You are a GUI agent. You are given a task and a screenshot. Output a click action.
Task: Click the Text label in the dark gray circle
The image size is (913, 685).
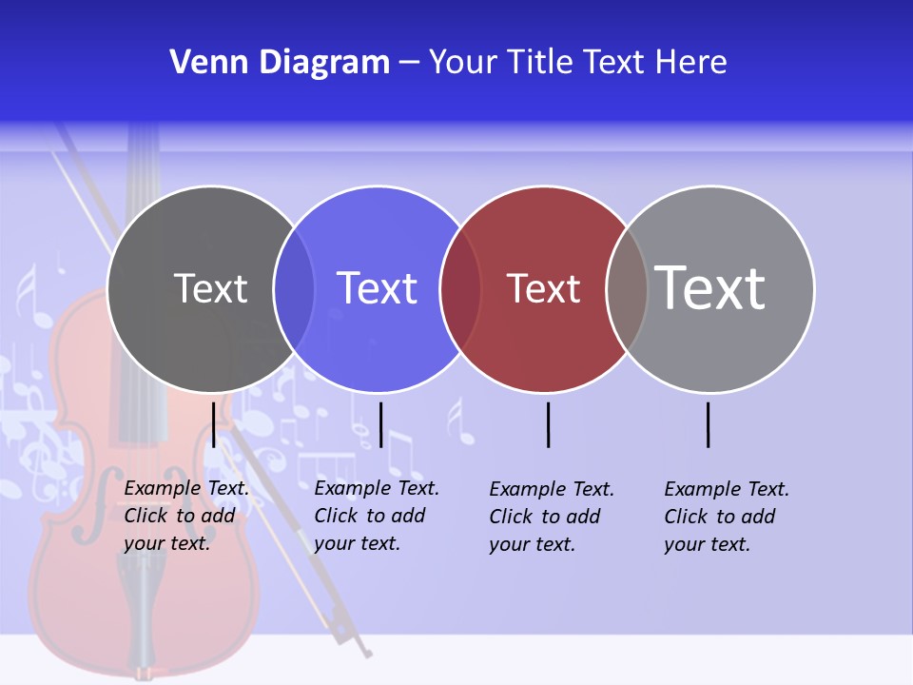[210, 288]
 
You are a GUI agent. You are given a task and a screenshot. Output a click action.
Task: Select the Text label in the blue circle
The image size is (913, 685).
[377, 288]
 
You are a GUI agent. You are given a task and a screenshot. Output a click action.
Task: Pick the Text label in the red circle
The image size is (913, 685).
[543, 288]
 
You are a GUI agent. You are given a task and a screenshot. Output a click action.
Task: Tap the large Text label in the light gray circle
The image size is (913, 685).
[710, 288]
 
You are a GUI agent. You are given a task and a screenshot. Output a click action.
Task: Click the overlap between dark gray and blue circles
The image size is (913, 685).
[294, 288]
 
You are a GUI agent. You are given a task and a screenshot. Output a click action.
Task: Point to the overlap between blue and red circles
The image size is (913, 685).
[460, 288]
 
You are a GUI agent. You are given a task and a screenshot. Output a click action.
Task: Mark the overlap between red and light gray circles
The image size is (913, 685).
[627, 288]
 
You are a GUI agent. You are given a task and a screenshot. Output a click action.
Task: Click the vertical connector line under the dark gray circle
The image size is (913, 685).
[214, 424]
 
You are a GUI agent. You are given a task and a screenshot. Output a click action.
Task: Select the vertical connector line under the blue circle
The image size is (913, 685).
[380, 424]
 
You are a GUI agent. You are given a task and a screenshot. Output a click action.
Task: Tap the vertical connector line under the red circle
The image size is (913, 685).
[548, 424]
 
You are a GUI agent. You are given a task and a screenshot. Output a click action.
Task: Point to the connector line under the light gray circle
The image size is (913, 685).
[708, 424]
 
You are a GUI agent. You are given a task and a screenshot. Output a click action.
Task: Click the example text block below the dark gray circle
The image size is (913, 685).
[185, 516]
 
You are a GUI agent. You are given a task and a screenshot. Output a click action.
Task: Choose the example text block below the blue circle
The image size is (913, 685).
[376, 516]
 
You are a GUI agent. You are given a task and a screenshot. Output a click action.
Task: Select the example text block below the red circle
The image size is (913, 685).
[551, 517]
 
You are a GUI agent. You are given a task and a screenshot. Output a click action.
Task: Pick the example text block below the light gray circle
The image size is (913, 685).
[726, 517]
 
